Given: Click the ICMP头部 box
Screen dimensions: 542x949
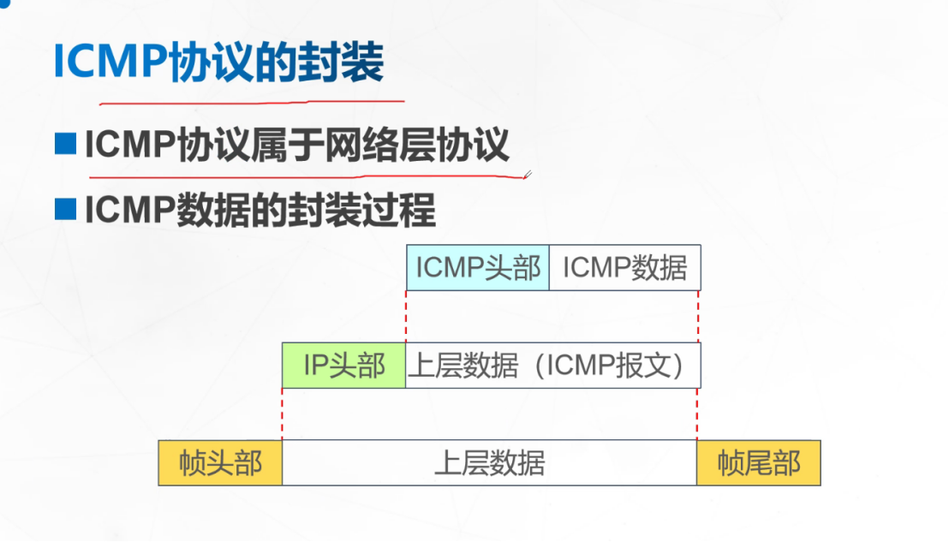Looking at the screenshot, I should tap(478, 268).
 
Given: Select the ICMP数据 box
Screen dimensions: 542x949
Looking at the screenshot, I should tap(624, 268).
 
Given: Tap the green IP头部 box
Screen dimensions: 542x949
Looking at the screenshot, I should tap(344, 366).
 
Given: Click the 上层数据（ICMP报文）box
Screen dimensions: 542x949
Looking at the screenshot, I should tap(552, 366).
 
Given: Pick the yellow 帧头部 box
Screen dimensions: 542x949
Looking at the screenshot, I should tap(220, 463).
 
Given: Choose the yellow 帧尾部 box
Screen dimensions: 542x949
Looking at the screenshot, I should tap(759, 463).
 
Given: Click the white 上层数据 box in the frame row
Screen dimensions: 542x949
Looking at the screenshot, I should tap(489, 463).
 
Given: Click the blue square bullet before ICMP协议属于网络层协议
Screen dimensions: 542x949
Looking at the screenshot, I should tap(65, 144).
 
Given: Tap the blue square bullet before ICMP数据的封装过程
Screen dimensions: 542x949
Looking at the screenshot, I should tap(65, 208).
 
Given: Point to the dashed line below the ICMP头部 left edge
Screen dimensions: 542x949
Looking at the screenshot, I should tap(407, 317).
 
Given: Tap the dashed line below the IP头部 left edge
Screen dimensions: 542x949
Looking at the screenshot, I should tap(283, 414).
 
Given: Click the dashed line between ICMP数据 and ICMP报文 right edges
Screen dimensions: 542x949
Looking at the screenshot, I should tap(699, 317).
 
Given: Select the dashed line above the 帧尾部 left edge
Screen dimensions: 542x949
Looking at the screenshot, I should tap(697, 414).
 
